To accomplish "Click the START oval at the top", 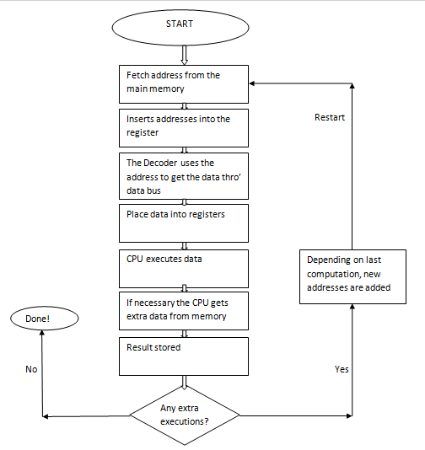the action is click(180, 28).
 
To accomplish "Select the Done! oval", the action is click(45, 319).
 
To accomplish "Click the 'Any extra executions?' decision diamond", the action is click(185, 415).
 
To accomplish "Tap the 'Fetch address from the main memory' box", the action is click(184, 84).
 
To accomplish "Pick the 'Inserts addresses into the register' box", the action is click(184, 128).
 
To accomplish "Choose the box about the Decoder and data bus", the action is click(184, 176).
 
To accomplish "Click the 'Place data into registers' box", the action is click(184, 223).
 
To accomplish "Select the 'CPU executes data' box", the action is click(184, 269).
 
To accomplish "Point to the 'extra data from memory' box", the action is click(184, 311).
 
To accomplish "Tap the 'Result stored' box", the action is click(184, 356).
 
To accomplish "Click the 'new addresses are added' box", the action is click(352, 276).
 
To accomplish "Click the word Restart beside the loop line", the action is click(330, 117).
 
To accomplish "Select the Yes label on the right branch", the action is click(342, 369).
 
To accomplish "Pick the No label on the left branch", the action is click(31, 369).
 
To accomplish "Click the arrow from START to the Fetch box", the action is click(185, 55).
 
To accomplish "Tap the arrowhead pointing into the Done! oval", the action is click(42, 333).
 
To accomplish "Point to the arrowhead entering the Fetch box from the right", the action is click(252, 83).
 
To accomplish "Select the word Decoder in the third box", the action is click(159, 163).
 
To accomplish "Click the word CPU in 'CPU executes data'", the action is click(135, 259).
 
